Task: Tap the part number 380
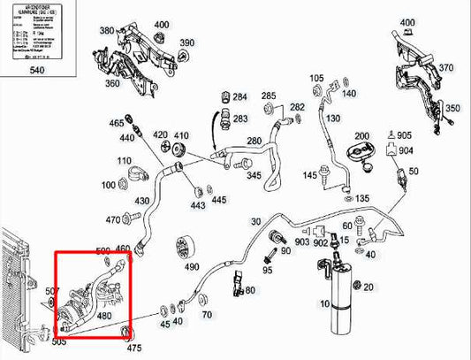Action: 107,31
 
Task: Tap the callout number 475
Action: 133,349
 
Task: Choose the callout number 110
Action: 125,161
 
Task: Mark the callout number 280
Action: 254,141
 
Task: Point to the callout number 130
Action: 333,119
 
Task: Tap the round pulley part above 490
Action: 186,245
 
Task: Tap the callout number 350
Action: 452,108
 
